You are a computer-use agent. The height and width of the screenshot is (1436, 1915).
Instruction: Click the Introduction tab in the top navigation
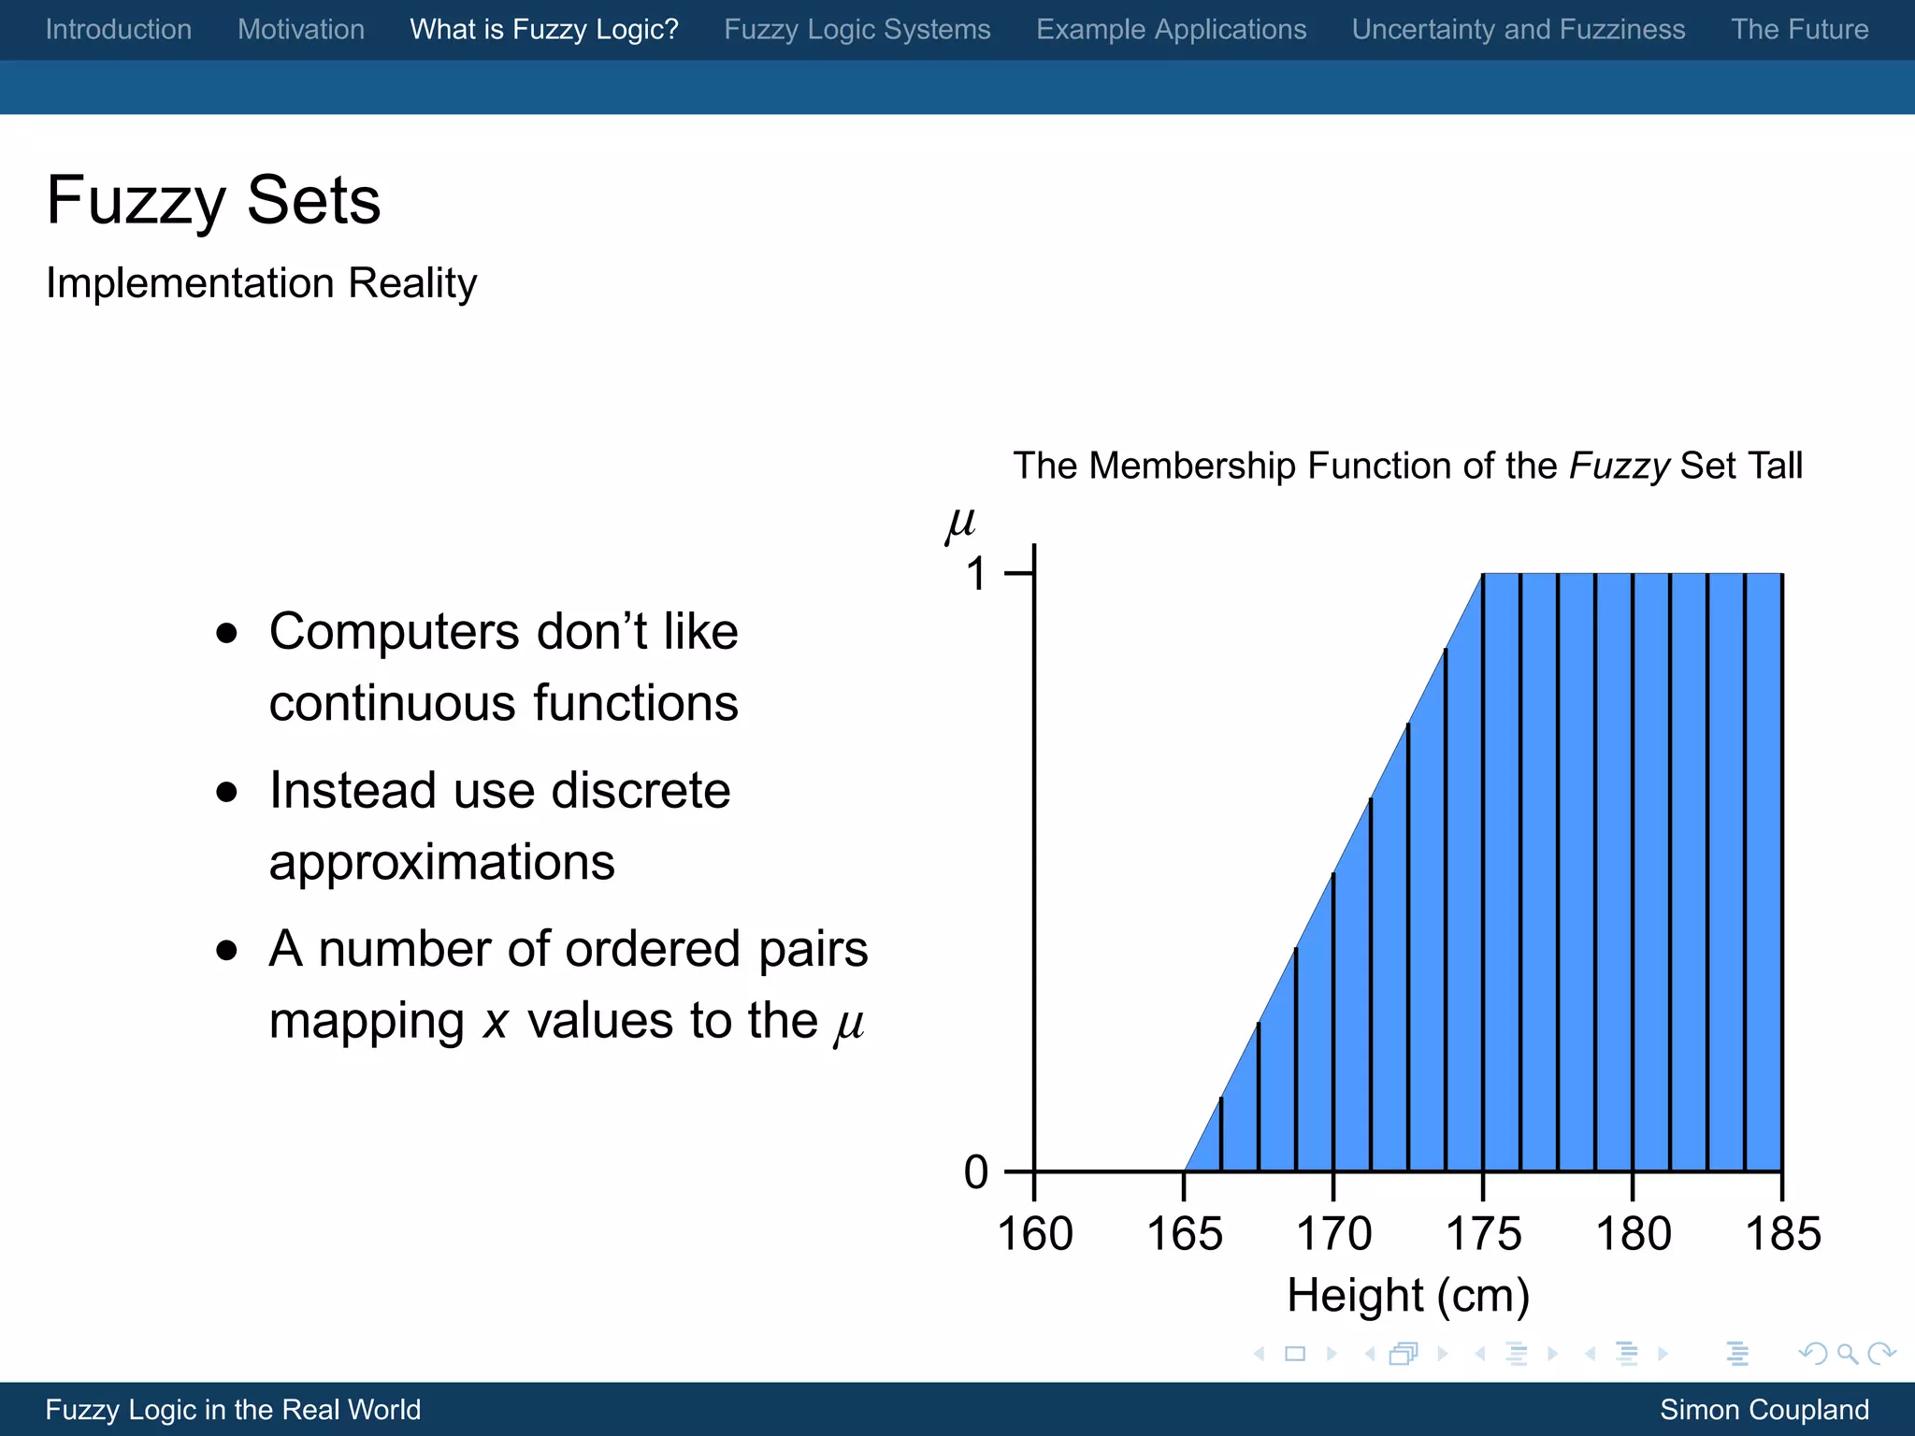click(x=119, y=30)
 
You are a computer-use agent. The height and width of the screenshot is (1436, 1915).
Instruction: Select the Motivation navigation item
click(x=301, y=30)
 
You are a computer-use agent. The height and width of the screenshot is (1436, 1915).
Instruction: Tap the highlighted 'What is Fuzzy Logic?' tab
click(x=544, y=30)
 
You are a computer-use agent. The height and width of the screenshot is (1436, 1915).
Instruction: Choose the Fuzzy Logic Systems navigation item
click(x=857, y=30)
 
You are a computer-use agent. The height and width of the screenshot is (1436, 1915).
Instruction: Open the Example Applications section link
click(x=1172, y=30)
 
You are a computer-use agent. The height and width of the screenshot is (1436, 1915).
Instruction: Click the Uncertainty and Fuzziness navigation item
click(x=1519, y=30)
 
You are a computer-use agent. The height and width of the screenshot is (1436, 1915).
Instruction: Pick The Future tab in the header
click(x=1800, y=30)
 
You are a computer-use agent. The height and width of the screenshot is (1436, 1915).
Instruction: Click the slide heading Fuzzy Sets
click(x=214, y=200)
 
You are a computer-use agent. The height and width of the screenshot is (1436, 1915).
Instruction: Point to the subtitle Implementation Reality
click(x=262, y=282)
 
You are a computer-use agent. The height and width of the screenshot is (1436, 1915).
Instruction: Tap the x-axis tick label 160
click(x=1035, y=1234)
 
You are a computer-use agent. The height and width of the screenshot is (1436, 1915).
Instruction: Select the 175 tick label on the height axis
click(x=1484, y=1234)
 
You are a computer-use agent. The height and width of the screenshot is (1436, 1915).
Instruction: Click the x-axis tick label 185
click(x=1783, y=1234)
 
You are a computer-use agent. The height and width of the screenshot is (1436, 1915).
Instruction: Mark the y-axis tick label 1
click(x=976, y=574)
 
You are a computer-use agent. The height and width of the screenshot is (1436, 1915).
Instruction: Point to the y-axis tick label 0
click(x=976, y=1172)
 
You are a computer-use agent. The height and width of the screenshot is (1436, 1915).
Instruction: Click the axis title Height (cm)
click(x=1408, y=1296)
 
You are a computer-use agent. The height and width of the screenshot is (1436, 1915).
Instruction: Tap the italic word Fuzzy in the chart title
click(x=1619, y=466)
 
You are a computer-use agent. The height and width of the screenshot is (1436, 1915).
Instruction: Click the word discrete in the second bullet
click(x=641, y=791)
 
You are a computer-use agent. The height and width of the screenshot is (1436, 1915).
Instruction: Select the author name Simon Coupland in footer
click(x=1764, y=1410)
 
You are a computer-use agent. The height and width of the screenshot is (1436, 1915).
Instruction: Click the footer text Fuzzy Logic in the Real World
click(x=234, y=1410)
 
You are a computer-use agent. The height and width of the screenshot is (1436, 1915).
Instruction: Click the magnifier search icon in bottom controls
click(x=1847, y=1354)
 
